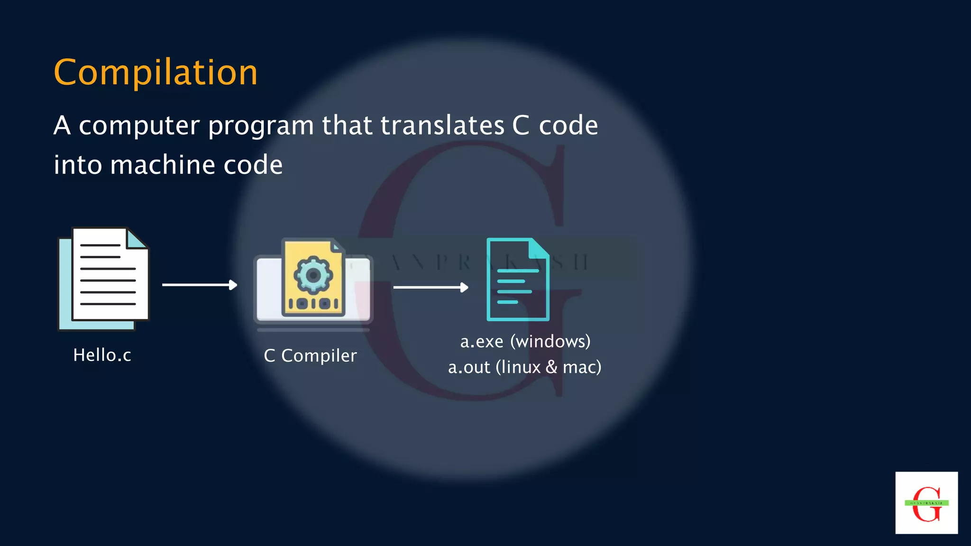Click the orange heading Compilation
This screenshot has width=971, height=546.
coord(156,73)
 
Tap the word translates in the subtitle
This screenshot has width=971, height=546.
coord(442,126)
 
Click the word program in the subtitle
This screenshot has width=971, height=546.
coord(261,127)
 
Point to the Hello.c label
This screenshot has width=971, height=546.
coord(102,355)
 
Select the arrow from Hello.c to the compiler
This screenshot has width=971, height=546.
coord(200,285)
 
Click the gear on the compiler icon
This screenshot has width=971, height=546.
coord(313,274)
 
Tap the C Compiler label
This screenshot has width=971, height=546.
coord(310,355)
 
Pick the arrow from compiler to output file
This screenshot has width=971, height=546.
coord(431,287)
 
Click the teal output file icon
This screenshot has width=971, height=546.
coord(517,280)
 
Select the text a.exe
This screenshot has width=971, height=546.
coord(482,341)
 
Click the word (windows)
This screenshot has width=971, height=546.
coord(550,341)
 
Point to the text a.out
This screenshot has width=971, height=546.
coord(469,367)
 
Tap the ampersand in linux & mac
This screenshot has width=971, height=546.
coord(551,367)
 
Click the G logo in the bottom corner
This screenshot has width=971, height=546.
coord(926,503)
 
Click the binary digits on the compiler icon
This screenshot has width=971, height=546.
coord(313,303)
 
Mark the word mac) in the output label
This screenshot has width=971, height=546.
coord(582,367)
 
